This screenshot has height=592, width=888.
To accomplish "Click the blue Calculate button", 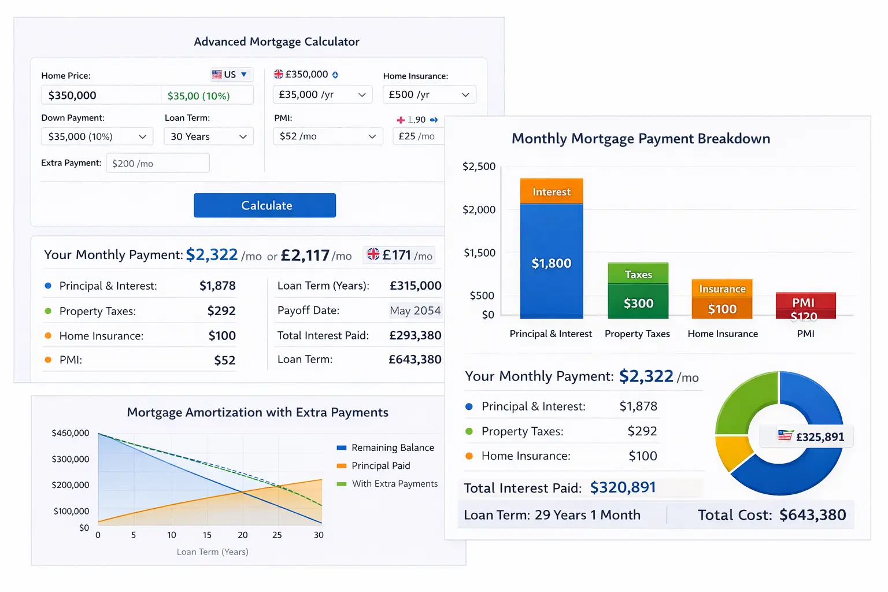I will point(265,205).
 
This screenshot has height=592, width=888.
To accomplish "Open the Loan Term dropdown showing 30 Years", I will point(209,136).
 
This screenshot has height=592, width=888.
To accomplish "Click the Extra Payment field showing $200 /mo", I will point(157,164).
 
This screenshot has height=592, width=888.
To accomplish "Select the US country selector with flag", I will point(231,75).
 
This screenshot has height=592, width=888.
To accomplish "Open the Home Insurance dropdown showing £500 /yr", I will point(429,94).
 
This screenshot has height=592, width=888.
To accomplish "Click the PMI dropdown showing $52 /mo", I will point(327,136).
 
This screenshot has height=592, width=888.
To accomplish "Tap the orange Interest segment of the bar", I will point(552,191).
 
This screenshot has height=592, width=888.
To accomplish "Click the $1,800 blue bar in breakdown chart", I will point(552,263).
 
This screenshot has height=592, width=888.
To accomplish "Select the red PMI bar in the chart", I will point(805,305).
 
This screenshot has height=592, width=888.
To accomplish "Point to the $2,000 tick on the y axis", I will point(479,209).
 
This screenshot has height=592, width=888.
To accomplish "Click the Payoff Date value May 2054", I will point(415,310).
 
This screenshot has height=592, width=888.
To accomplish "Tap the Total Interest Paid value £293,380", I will point(415,335).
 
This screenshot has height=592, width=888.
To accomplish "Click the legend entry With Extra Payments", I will point(394,484).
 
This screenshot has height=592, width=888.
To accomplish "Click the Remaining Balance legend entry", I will point(392,447).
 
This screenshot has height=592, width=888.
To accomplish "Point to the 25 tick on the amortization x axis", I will point(277,535).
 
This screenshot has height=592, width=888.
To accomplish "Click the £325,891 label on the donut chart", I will point(811,436).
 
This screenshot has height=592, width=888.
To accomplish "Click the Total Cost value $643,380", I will point(812,515).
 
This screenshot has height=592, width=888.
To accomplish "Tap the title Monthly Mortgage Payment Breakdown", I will point(641,139).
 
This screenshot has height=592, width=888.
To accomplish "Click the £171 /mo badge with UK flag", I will point(399,255).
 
